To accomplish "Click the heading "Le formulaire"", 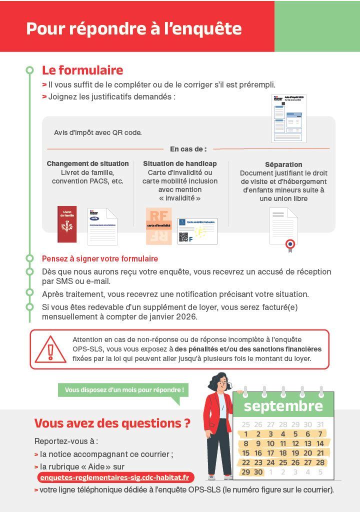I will [82, 70].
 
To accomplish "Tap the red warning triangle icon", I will [50, 349].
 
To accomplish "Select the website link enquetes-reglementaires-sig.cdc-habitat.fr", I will [115, 477].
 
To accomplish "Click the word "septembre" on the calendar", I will [283, 405].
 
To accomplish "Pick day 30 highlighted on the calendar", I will [258, 472].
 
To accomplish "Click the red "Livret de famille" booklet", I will [67, 224].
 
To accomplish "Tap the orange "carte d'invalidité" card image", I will [159, 226].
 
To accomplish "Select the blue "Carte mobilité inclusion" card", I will [197, 231].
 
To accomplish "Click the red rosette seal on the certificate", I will [290, 244].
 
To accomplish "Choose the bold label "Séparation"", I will [283, 164].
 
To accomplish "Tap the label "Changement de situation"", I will [87, 163].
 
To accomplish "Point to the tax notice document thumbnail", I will [288, 118].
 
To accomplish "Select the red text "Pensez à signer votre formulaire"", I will [100, 259].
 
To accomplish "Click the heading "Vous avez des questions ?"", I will [112, 423].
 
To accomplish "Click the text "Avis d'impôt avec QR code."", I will [98, 132].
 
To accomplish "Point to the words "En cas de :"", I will [188, 149].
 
